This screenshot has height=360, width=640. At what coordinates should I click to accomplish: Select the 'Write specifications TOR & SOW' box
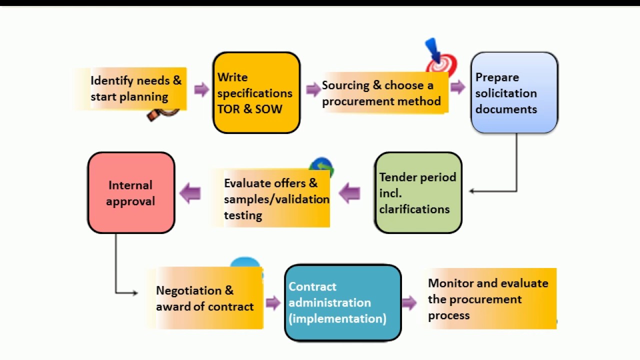point(256,93)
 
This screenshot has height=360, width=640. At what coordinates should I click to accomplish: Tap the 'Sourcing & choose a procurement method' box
point(382,93)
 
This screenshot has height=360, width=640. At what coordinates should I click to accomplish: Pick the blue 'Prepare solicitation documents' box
point(514,93)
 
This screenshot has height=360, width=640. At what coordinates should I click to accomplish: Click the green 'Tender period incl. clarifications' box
point(418,193)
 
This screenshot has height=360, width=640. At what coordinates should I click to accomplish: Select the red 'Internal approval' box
point(131,193)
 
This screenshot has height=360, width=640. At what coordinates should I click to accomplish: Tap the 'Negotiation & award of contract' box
point(205,298)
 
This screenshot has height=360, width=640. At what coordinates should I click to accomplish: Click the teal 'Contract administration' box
point(342,303)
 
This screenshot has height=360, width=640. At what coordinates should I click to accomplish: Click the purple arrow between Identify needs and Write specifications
point(201,89)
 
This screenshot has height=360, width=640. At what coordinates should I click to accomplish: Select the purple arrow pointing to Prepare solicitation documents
point(457,87)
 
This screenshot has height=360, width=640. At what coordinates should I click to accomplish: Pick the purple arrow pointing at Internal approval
point(190,193)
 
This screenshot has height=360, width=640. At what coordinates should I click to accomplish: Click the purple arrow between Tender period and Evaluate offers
point(349,193)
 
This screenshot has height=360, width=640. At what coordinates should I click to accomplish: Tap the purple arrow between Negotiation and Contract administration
point(273,302)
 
